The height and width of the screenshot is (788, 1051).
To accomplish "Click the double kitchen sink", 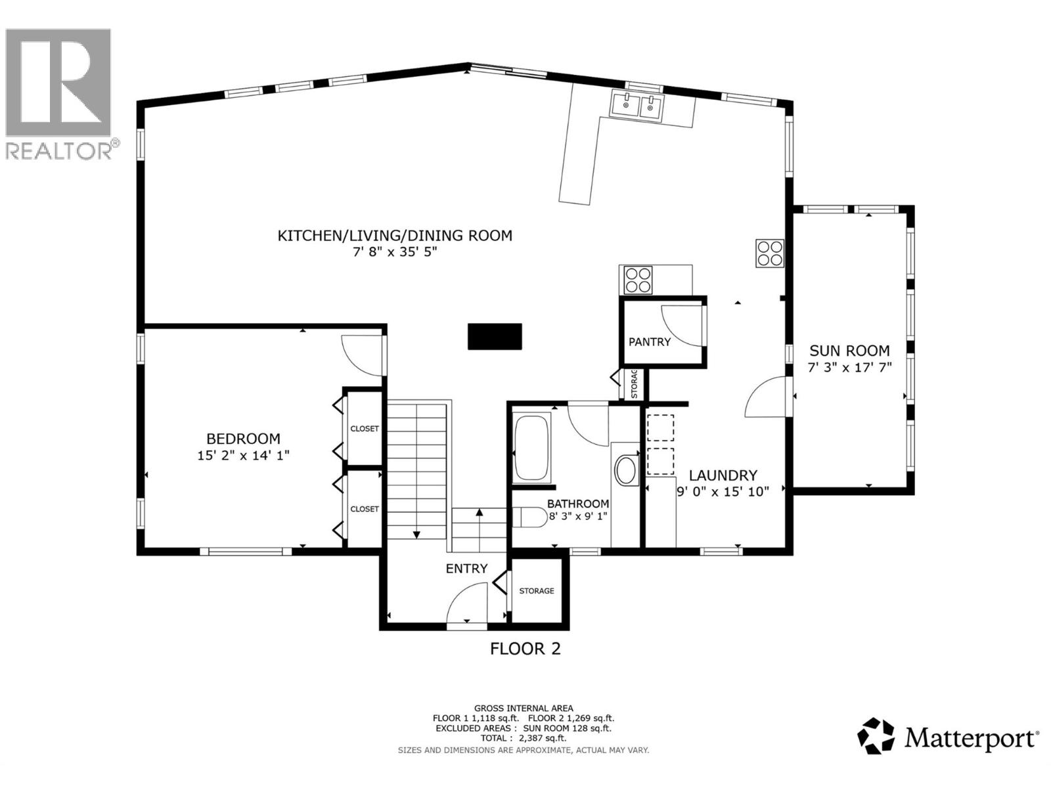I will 637,106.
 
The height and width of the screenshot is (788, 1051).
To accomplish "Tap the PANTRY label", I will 650,341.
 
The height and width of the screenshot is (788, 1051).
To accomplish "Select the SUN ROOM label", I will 849,351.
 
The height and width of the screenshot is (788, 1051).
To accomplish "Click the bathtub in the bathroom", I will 532,449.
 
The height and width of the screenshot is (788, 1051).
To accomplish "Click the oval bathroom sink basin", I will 625,471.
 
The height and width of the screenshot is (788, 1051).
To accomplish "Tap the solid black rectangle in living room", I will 495,336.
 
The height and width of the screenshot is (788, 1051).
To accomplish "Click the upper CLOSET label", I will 365,429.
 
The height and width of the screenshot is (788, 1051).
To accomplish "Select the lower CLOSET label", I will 365,509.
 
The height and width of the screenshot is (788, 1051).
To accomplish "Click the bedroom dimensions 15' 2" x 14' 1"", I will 243,455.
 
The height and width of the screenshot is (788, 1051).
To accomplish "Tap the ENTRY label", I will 466,569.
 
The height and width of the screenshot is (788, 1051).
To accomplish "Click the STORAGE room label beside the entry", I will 537,591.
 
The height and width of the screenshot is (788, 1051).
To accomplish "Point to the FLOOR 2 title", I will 525,649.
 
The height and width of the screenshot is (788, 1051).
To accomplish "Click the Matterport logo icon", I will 876,735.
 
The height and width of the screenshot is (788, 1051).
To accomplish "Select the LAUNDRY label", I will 723,475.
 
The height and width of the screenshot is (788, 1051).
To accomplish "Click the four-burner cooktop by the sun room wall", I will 770,253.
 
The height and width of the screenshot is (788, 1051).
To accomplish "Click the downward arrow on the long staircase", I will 416,535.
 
